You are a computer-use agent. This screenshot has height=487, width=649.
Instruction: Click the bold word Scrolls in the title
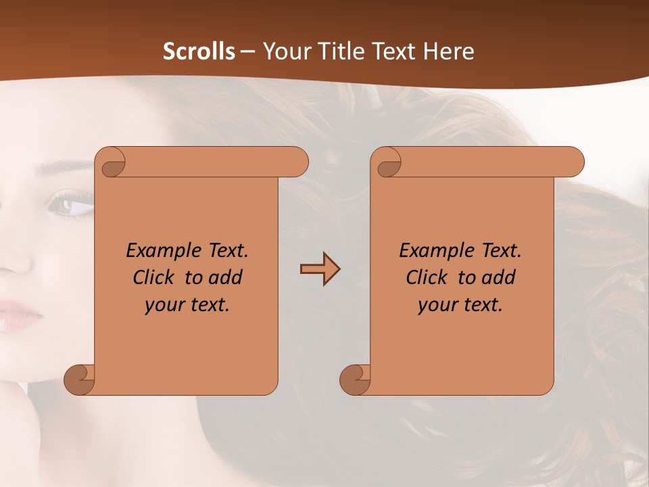pos(199,51)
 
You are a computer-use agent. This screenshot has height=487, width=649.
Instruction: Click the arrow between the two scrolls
pos(320,270)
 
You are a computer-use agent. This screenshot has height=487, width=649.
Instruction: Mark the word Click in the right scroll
pos(426,277)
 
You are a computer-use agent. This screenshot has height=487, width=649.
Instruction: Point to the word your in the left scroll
pos(164,306)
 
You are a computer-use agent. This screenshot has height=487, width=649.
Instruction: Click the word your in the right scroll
pos(437,306)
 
